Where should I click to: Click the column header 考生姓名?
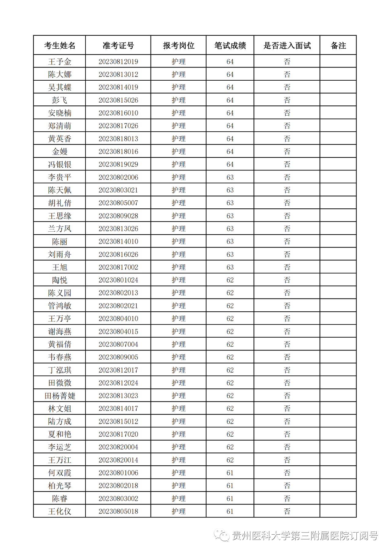[60, 46]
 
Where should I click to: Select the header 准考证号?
[118, 46]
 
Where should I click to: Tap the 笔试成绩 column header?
[230, 46]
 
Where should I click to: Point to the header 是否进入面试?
[287, 46]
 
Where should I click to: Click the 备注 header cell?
[338, 46]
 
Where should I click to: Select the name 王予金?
[60, 62]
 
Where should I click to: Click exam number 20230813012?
[118, 75]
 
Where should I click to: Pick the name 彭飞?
[60, 100]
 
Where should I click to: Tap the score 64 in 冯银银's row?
[230, 164]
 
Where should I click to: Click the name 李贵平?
[60, 177]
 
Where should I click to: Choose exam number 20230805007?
[118, 203]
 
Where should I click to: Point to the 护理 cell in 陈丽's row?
[179, 242]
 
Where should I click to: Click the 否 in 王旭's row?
[287, 267]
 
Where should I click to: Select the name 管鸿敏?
[60, 306]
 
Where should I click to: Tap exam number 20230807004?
[118, 344]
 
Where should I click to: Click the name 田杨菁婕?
[60, 396]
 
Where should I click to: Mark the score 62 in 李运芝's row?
[230, 447]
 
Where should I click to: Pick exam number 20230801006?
[118, 473]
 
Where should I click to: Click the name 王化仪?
[60, 511]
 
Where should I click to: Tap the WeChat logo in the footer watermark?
[221, 535]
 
